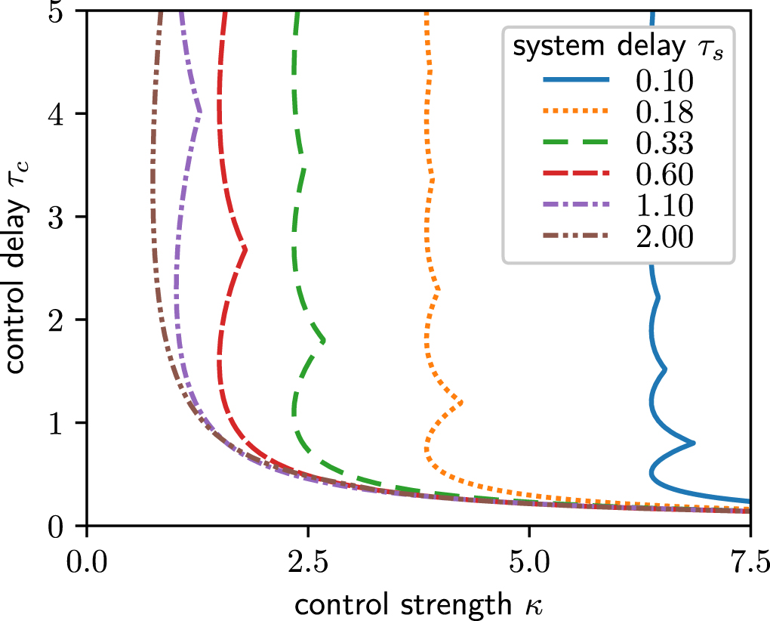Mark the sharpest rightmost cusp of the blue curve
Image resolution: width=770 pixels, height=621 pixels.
tap(693, 443)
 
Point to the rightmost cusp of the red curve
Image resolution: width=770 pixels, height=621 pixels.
tap(245, 248)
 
